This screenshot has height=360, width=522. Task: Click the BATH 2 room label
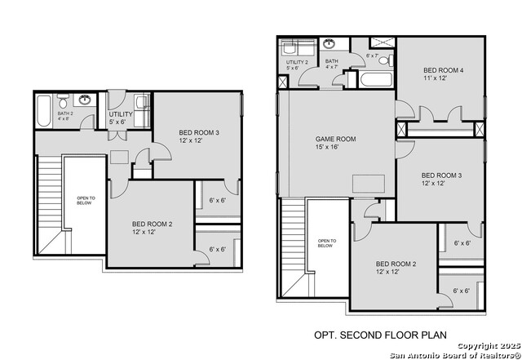(x=64, y=113)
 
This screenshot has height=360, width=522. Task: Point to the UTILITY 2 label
(x=295, y=61)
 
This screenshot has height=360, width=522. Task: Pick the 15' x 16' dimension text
(x=327, y=148)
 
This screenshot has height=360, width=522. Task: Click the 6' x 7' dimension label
(x=373, y=56)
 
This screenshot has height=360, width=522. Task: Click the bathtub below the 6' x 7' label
(x=374, y=80)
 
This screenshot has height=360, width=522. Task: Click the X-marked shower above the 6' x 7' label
(x=381, y=42)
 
